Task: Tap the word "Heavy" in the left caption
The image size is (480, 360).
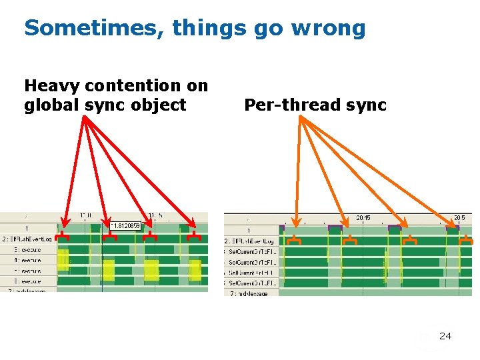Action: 51,85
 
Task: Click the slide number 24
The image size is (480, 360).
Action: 445,336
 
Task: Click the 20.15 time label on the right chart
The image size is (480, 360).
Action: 363,218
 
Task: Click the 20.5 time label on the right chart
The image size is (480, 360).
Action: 459,218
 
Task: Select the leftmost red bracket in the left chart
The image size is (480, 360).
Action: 62,237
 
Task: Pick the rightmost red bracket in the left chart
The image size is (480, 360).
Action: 194,237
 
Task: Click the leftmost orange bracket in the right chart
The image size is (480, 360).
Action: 297,239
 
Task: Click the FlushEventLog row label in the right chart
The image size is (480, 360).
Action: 250,241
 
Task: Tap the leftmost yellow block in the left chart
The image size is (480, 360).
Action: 63,259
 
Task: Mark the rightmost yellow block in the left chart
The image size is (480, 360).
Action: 195,270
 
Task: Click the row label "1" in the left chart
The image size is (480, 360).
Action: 27,228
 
